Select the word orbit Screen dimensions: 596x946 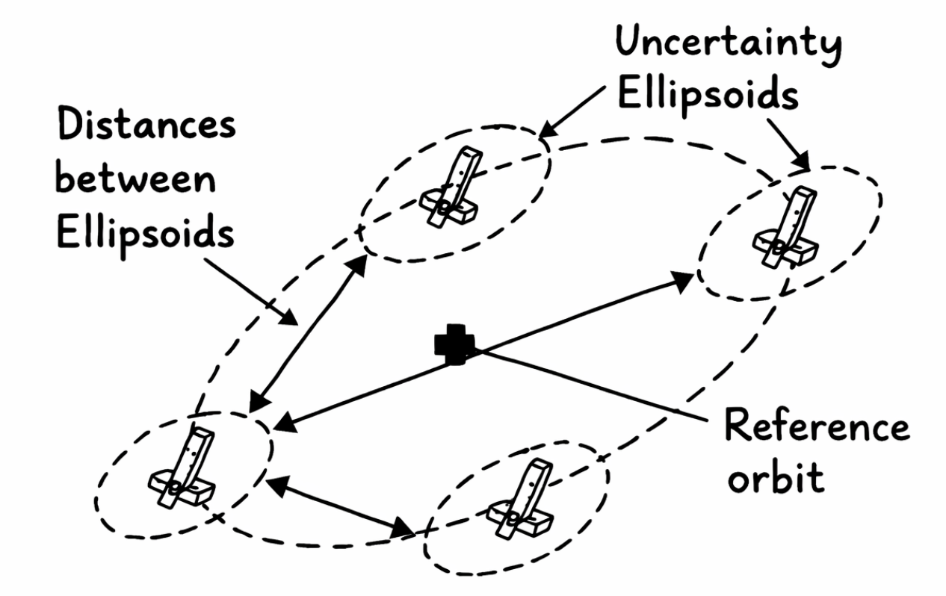tap(776, 479)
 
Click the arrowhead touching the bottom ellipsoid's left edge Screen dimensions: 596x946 tap(404, 529)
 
